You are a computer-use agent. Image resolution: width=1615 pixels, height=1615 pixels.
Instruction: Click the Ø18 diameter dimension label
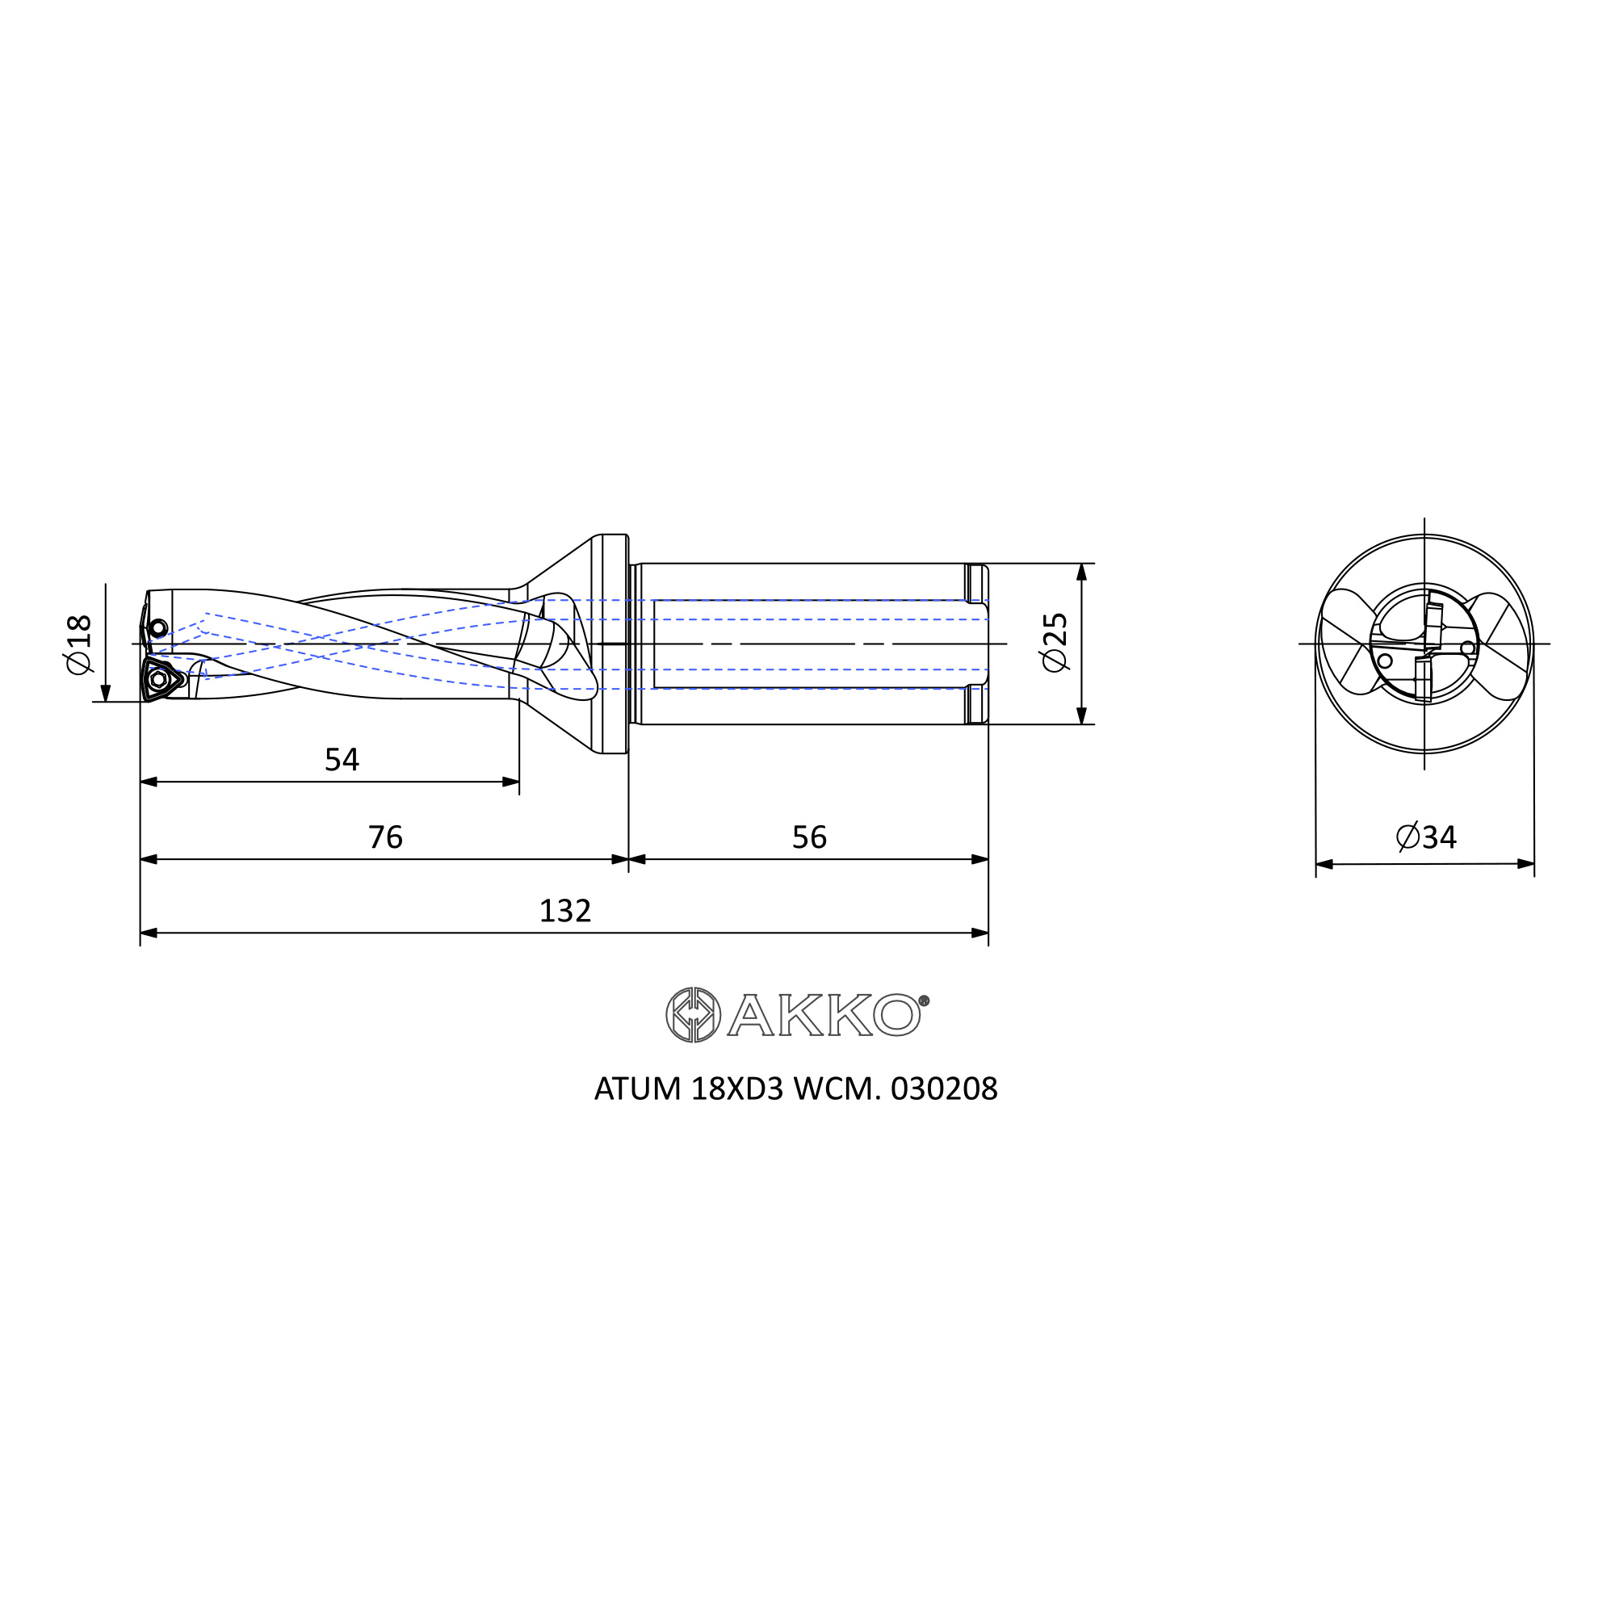[x=78, y=644]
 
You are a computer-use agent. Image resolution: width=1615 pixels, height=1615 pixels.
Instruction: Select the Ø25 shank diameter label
[x=1055, y=642]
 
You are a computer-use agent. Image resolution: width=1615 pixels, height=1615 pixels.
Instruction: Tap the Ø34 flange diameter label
[x=1426, y=837]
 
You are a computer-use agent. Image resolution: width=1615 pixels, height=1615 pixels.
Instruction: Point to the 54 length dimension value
[x=342, y=759]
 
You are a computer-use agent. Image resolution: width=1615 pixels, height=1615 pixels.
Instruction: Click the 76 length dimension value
[x=385, y=837]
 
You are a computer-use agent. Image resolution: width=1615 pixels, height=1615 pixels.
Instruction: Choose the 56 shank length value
[x=809, y=837]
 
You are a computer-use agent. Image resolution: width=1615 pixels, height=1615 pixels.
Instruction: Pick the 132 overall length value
[x=565, y=910]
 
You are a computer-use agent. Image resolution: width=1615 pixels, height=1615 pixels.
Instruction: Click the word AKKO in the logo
[x=824, y=1015]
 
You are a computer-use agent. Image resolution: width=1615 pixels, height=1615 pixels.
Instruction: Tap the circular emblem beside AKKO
[x=693, y=1015]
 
